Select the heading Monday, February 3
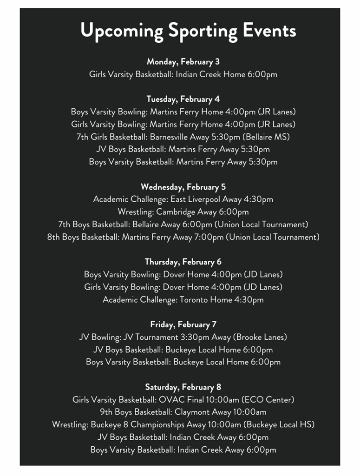tap(183, 62)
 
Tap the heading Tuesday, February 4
tap(183, 99)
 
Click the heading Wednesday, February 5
tap(183, 187)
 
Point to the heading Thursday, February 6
tap(183, 262)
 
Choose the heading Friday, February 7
tap(183, 324)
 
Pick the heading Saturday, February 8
tap(183, 387)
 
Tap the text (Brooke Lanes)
tap(260, 337)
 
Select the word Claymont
tap(192, 412)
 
